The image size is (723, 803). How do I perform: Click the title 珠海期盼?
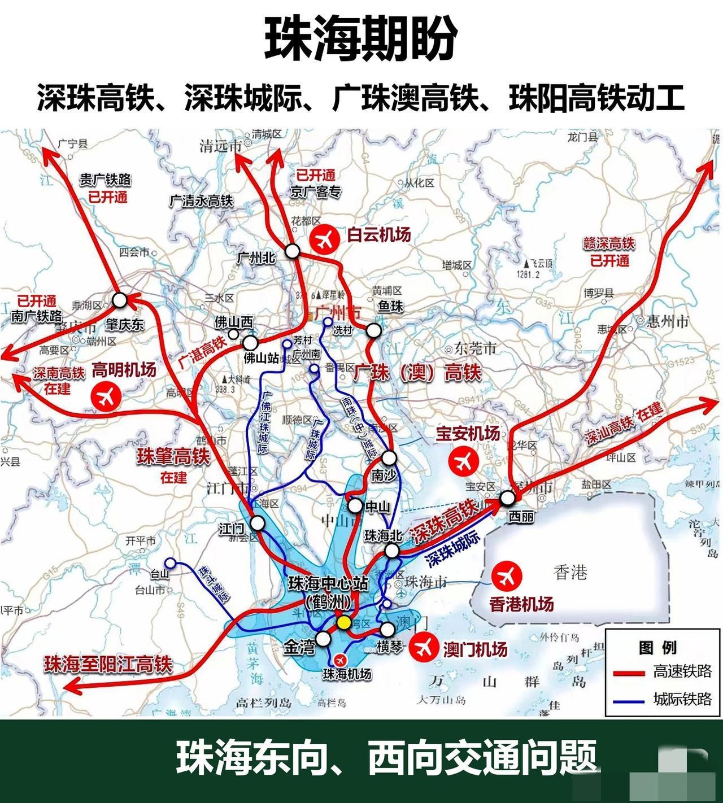tap(361, 38)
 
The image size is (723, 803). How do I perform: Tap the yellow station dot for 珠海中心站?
tap(343, 622)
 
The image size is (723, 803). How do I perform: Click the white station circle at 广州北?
tap(292, 251)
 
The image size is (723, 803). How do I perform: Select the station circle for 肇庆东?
tap(120, 300)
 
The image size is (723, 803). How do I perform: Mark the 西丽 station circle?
tap(507, 498)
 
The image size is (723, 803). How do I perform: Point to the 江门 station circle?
tap(257, 523)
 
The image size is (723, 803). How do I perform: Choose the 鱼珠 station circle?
tap(374, 330)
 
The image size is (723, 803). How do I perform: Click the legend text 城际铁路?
tap(682, 699)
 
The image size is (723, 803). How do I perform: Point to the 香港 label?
tap(570, 573)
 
